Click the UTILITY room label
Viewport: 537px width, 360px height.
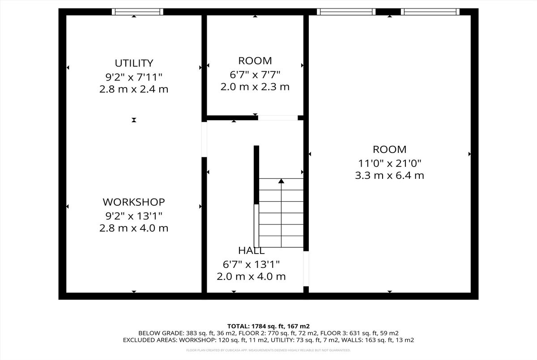point(134,63)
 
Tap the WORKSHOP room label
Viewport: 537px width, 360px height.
point(134,202)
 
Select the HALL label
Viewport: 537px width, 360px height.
point(251,251)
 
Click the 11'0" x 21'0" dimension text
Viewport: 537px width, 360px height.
point(390,164)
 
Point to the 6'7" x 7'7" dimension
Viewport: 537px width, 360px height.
point(255,75)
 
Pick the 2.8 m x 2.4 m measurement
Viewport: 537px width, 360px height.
point(134,89)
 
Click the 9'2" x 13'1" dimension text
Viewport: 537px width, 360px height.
point(134,216)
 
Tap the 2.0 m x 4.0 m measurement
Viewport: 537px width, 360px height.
point(251,277)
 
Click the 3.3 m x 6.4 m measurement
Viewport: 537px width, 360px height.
point(390,176)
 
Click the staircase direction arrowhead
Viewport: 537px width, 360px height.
point(281,181)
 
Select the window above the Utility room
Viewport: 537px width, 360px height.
point(138,12)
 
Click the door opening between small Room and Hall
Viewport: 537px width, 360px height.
point(278,118)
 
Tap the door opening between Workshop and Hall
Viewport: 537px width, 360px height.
point(204,140)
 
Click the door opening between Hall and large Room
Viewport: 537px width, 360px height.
point(306,269)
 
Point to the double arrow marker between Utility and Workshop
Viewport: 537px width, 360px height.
point(134,120)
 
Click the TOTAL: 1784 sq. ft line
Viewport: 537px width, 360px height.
point(268,326)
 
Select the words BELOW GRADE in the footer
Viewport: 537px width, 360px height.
point(160,333)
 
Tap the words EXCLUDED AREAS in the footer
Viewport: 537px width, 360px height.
point(150,340)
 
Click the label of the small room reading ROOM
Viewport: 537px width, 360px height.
point(255,61)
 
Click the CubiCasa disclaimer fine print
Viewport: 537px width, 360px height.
point(268,350)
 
